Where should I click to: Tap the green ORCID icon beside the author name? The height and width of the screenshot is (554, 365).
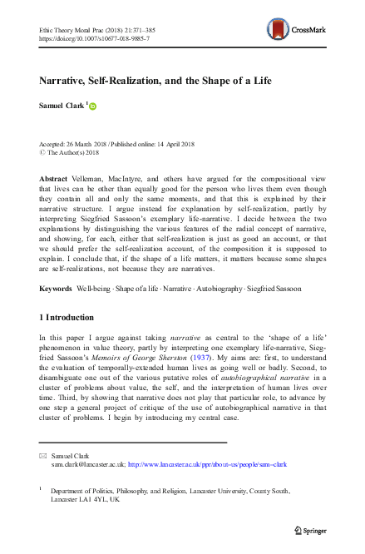click(x=92, y=106)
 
